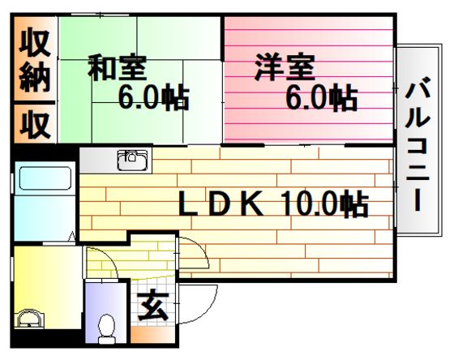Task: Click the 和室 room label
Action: pos(118,67)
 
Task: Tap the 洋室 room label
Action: pos(285,66)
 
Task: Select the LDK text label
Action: pos(221,204)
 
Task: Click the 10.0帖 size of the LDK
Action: pos(324,204)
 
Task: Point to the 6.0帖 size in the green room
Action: pos(154,96)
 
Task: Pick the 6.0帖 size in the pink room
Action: pos(322,97)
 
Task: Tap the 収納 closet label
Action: pos(35,60)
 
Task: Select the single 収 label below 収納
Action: pos(35,125)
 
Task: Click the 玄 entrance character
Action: pos(153,306)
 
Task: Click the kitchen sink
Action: pos(132,161)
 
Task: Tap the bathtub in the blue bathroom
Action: pos(45,178)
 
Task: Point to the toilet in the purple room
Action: pos(106,328)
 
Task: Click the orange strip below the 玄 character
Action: pos(153,335)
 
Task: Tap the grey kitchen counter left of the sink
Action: pos(98,161)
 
